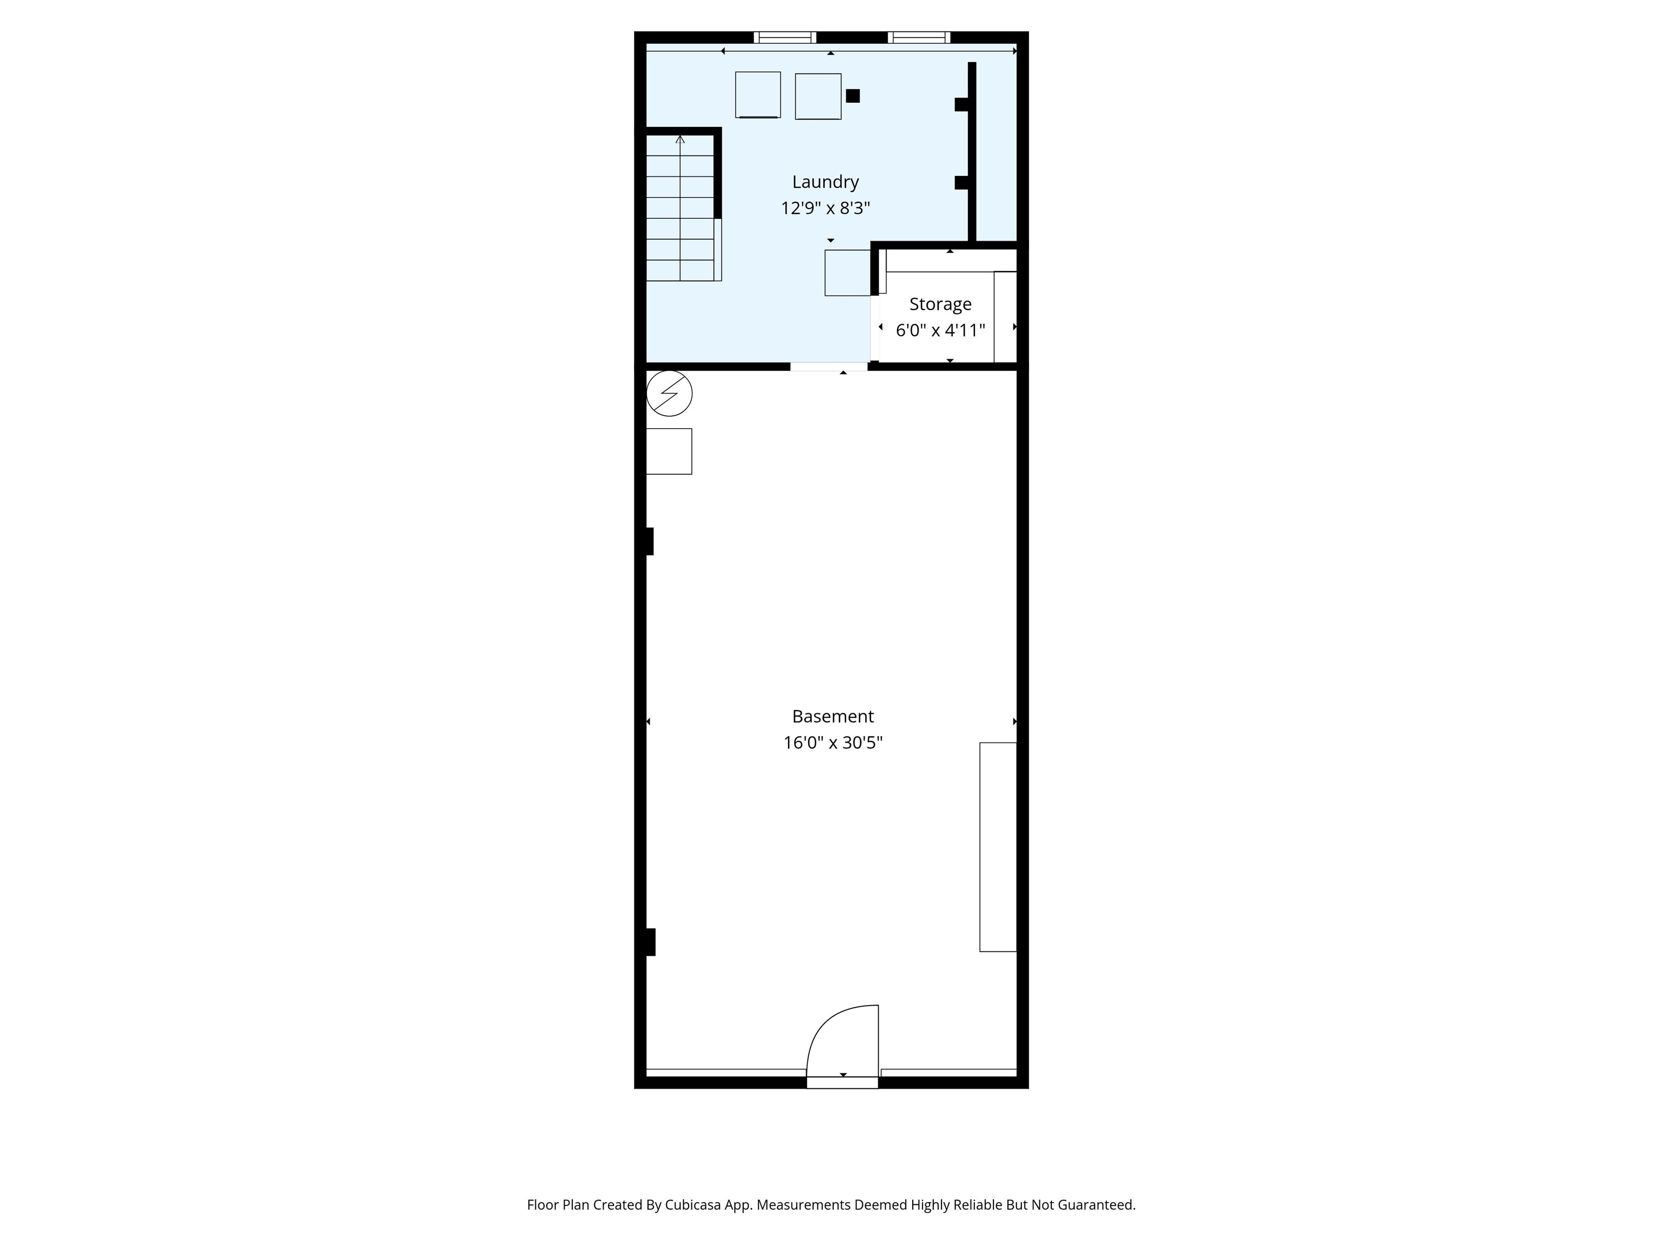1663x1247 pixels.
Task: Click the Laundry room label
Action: [x=825, y=182]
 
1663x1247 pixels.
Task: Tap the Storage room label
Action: [x=940, y=304]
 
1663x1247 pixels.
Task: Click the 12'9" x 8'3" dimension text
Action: [x=825, y=208]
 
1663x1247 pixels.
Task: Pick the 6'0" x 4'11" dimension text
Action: [x=940, y=330]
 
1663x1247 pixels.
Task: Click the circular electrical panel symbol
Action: [x=669, y=393]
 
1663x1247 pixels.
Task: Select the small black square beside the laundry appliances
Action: [x=853, y=95]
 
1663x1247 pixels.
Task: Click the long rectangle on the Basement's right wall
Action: [x=998, y=847]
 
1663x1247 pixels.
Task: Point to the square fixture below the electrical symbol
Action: [x=669, y=451]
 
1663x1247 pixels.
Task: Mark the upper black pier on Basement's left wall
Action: [x=650, y=541]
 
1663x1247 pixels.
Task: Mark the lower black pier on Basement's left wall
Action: [x=650, y=942]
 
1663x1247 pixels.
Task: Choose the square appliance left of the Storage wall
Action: [x=847, y=273]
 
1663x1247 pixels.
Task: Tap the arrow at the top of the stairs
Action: [x=680, y=139]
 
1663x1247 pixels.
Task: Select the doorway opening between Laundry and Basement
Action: [x=828, y=366]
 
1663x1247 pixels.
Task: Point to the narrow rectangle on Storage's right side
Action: [x=1005, y=317]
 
